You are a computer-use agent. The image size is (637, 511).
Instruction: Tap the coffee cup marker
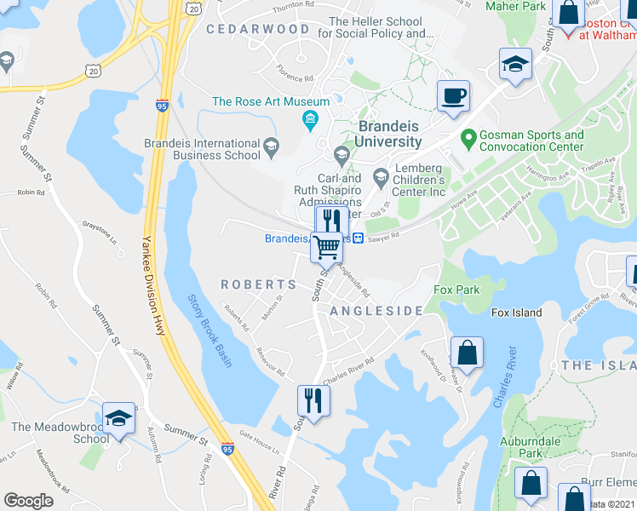[x=453, y=95]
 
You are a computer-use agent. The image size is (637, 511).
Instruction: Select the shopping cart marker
[x=327, y=247]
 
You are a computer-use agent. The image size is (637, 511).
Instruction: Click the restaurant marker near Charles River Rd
[x=313, y=400]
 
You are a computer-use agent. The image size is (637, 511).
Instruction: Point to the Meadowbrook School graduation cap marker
[x=119, y=418]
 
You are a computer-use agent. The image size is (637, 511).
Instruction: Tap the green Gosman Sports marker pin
[x=468, y=136]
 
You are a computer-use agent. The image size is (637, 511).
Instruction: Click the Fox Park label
[x=456, y=290]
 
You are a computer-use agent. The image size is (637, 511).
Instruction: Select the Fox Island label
[x=516, y=313]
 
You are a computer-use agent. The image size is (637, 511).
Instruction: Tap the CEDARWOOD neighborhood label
[x=258, y=29]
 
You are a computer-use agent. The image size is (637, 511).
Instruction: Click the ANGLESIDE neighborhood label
[x=376, y=311]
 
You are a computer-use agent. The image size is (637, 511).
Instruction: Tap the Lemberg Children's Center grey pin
[x=380, y=179]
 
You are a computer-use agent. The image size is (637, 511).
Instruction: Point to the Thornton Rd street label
[x=293, y=6]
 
